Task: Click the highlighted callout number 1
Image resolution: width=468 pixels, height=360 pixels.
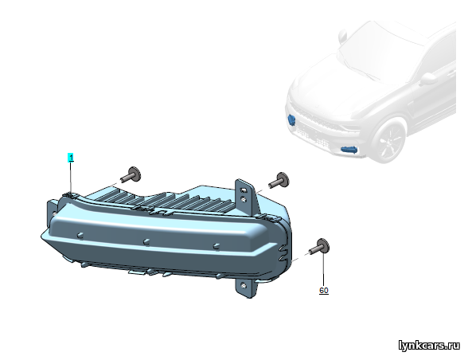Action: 71,158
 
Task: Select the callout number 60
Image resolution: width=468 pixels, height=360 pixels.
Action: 324,291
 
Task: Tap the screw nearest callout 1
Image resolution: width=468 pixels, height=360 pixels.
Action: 131,174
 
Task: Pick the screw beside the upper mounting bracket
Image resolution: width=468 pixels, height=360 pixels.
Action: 279,179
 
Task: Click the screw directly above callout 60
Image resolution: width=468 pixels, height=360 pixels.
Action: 320,246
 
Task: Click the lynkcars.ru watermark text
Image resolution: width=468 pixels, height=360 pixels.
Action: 430,346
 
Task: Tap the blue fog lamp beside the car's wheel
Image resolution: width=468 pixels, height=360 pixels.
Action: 349,150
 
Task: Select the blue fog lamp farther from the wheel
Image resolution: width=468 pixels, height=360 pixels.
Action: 291,119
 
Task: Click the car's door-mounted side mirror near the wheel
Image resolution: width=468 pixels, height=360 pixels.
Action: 428,79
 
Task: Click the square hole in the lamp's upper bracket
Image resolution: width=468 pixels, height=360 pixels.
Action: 244,190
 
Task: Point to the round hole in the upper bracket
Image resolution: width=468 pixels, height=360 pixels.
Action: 244,199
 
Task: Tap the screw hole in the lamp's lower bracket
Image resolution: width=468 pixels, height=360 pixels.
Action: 244,286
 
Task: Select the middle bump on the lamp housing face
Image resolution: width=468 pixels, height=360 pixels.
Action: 146,241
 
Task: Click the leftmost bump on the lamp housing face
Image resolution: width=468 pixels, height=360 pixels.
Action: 80,235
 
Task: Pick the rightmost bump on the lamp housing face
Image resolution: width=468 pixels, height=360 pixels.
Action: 216,246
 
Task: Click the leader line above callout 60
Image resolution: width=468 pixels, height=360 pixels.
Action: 323,270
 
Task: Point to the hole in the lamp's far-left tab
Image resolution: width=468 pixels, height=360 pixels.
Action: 54,213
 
